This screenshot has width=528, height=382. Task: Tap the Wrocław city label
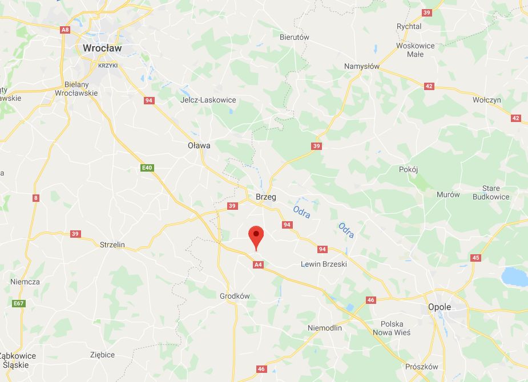coord(102,48)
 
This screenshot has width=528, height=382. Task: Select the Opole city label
coord(440,307)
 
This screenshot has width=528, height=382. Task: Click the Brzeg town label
coord(265,197)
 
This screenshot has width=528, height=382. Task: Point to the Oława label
coord(199,145)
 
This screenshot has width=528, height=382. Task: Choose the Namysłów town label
coord(362,66)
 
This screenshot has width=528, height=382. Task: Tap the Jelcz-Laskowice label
coord(208,100)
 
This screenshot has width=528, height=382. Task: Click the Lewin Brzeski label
coord(324,264)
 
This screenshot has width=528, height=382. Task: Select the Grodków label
coord(235,296)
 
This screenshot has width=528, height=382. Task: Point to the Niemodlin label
coord(324,328)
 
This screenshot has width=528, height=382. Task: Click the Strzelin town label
coord(112,245)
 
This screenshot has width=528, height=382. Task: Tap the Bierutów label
coord(295,37)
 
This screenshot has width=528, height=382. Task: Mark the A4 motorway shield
coord(258,265)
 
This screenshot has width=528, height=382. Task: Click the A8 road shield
coord(65,30)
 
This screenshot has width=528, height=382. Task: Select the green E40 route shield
coord(148,168)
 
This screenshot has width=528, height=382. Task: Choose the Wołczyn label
coord(486,100)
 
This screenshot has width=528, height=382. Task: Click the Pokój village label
coord(409,169)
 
